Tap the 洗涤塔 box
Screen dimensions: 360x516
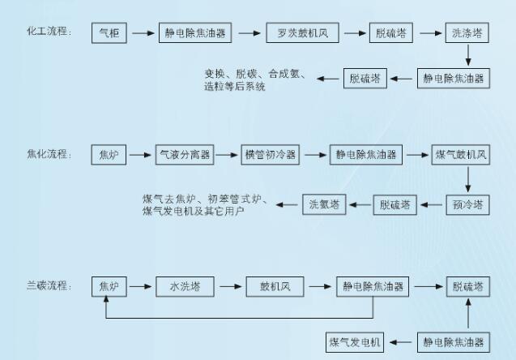pos(467,33)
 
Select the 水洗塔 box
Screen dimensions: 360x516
pos(185,286)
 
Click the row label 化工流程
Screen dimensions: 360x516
pos(49,32)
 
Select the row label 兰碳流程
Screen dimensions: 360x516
pos(49,285)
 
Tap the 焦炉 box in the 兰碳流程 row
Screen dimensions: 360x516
pos(109,286)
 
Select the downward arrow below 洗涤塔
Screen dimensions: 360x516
pos(467,56)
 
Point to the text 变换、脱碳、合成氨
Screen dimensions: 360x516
pos(254,74)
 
